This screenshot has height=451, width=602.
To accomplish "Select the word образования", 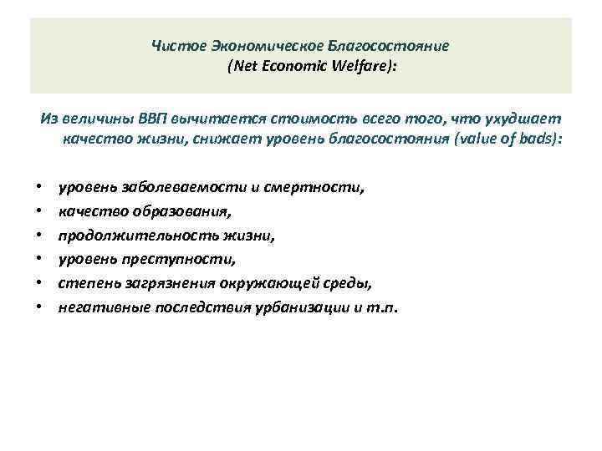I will (x=175, y=212).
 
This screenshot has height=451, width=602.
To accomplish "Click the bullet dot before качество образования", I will (x=39, y=212).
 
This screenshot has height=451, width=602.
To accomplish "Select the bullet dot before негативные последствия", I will (x=39, y=307).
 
